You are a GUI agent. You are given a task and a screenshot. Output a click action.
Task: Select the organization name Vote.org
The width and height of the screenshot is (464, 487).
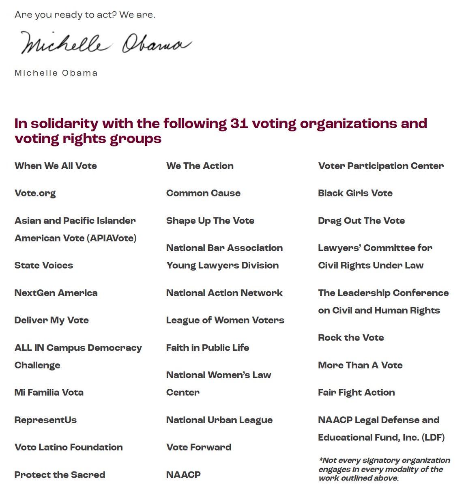(35, 193)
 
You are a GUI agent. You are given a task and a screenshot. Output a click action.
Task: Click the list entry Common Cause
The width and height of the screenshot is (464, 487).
(203, 193)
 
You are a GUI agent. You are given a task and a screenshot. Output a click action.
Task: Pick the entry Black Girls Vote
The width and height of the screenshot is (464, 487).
(355, 193)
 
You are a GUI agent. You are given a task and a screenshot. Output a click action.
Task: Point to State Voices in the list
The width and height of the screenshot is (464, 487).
(44, 265)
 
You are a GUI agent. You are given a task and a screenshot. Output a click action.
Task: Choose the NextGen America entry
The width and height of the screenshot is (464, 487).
(56, 293)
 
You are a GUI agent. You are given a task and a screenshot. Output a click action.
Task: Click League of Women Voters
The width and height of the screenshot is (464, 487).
(225, 320)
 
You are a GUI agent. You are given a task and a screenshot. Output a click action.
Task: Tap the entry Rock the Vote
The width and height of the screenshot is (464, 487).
(351, 338)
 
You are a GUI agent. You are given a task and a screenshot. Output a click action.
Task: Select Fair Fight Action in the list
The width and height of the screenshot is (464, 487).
(357, 392)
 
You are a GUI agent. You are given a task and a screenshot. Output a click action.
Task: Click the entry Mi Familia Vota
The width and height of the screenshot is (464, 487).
(49, 392)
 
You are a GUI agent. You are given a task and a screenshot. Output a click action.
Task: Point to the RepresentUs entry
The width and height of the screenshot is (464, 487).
(45, 420)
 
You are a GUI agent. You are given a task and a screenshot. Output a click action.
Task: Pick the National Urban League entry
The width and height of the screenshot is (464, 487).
(219, 420)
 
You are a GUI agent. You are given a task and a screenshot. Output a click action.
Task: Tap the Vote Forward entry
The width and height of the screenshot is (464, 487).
(199, 447)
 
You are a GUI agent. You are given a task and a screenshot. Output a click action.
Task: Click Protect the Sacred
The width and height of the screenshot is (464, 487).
(60, 475)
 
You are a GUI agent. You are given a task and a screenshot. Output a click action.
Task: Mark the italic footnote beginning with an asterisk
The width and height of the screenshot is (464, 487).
(384, 469)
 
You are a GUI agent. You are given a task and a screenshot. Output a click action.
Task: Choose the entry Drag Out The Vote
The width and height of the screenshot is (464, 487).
(361, 221)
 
